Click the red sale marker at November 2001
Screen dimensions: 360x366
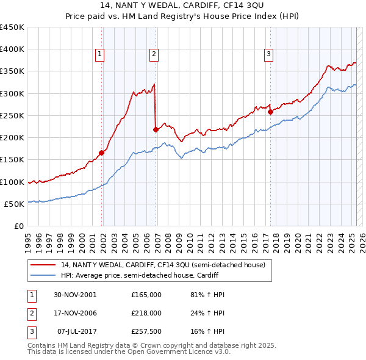pyautogui.click(x=102, y=153)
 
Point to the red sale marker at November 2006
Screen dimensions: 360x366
pyautogui.click(x=156, y=129)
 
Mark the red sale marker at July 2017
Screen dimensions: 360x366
pyautogui.click(x=270, y=112)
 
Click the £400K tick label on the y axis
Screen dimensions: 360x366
pyautogui.click(x=12, y=49)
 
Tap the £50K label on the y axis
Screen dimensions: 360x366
pyautogui.click(x=15, y=204)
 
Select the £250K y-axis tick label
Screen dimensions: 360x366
pyautogui.click(x=12, y=115)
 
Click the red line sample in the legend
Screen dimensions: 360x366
pyautogui.click(x=43, y=265)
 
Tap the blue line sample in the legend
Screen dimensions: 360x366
pyautogui.click(x=43, y=275)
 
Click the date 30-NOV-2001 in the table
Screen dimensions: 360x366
pyautogui.click(x=75, y=295)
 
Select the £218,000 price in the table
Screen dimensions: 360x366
pyautogui.click(x=146, y=313)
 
